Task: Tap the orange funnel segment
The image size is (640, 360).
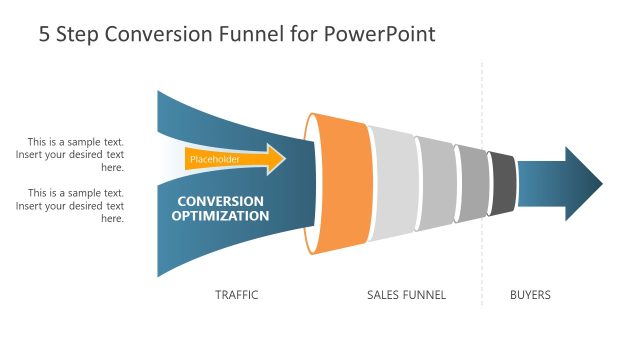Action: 341,183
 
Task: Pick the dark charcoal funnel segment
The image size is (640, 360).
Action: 503,183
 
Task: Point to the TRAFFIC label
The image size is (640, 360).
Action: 237,295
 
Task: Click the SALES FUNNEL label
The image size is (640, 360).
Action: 406,295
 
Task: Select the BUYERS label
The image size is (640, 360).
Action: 530,295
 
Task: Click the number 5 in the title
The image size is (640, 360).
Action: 45,35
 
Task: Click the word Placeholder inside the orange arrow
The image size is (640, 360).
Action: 214,158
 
